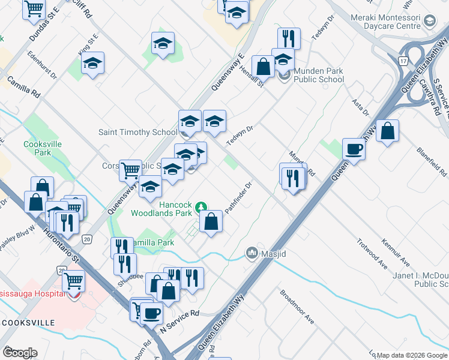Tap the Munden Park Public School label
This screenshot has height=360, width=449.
point(318,75)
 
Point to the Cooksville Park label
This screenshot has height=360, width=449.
point(37,148)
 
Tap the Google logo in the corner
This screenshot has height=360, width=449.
point(20,353)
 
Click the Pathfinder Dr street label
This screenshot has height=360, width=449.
point(237,197)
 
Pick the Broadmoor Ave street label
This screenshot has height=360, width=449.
point(297,307)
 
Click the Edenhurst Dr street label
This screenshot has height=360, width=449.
point(42,65)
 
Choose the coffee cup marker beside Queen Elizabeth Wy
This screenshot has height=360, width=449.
point(354,149)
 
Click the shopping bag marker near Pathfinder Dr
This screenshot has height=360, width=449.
point(211,222)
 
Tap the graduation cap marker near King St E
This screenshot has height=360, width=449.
point(92,64)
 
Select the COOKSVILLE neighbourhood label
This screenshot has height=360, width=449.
point(28,323)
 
